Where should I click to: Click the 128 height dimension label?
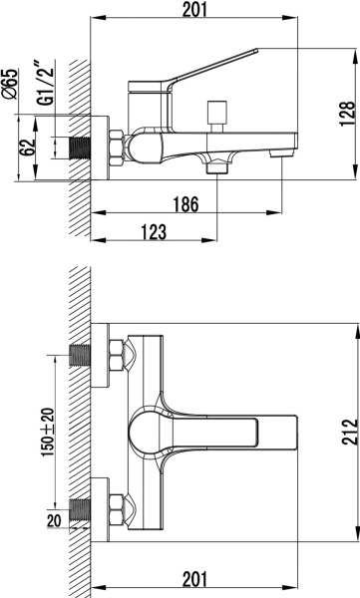pyautogui.click(x=347, y=114)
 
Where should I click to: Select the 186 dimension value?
pyautogui.click(x=186, y=204)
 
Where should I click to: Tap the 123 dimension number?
pyautogui.click(x=154, y=232)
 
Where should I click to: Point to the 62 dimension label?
pyautogui.click(x=27, y=148)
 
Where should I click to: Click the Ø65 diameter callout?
pyautogui.click(x=10, y=84)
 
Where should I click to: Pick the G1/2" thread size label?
pyautogui.click(x=45, y=83)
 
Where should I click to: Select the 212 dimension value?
pyautogui.click(x=350, y=433)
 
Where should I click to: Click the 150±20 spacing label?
pyautogui.click(x=48, y=433)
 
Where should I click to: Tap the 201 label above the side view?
pyautogui.click(x=194, y=10)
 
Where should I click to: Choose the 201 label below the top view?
pyautogui.click(x=194, y=579)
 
